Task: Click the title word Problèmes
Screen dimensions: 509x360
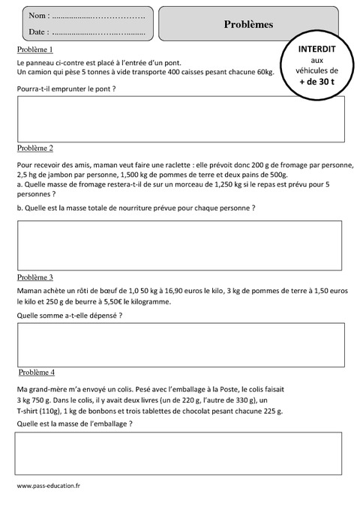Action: click(248, 24)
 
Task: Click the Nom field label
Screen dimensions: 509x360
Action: click(38, 16)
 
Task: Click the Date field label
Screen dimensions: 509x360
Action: click(38, 32)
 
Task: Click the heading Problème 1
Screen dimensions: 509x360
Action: click(34, 49)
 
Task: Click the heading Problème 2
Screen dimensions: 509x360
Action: click(34, 148)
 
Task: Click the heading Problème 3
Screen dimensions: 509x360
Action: click(34, 277)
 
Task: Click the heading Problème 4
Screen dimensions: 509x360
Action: click(36, 372)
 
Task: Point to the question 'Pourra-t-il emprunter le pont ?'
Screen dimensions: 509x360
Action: click(66, 88)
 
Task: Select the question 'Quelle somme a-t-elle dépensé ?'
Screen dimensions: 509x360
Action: click(69, 316)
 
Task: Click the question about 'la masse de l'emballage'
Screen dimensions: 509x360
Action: click(74, 424)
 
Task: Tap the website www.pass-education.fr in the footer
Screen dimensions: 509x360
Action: click(48, 486)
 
